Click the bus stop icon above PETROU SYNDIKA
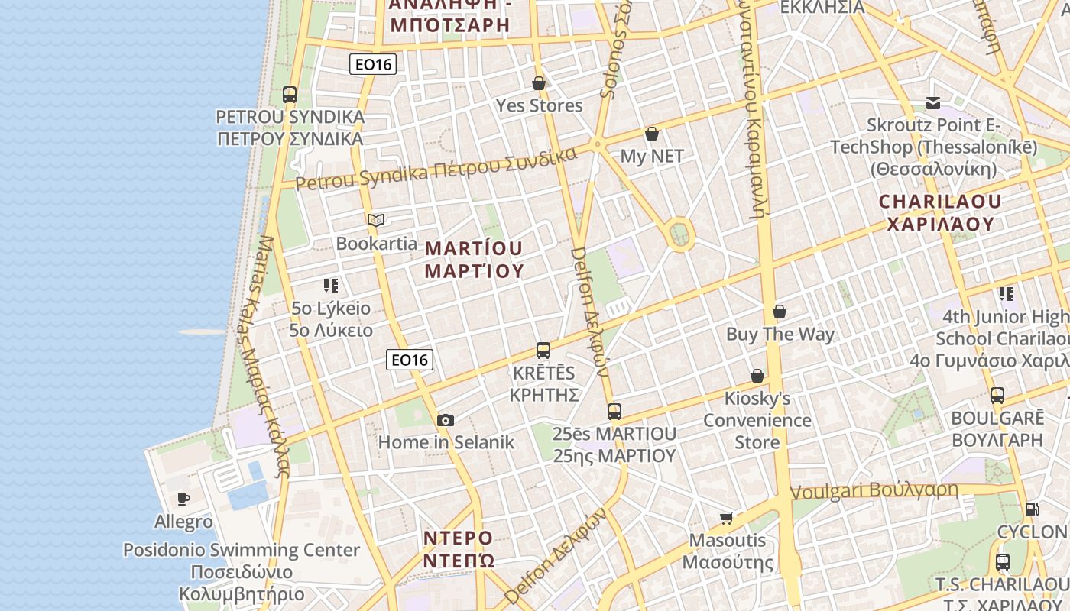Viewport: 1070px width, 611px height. (289, 95)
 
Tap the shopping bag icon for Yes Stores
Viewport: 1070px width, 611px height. (539, 83)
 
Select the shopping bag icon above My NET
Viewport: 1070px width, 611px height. (652, 134)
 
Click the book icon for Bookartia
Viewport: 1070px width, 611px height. (375, 221)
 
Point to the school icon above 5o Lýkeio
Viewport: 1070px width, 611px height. (330, 286)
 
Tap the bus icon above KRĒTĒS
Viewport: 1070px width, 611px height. (543, 351)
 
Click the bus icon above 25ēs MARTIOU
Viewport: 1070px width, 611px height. (614, 412)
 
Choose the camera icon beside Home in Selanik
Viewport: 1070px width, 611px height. (446, 420)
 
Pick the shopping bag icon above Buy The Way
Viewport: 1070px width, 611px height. (780, 312)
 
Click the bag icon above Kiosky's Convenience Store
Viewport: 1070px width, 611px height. (757, 376)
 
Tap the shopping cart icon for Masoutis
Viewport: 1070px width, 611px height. (727, 518)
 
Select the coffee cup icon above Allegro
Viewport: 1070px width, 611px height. (183, 499)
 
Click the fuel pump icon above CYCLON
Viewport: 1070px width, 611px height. (1032, 509)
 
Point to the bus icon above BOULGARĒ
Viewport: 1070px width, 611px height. (997, 396)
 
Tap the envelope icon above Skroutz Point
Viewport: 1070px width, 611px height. (932, 102)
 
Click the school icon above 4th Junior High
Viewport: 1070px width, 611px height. (1006, 293)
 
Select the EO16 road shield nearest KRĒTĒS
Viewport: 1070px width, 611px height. (410, 360)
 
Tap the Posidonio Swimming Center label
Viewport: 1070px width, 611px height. (242, 550)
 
